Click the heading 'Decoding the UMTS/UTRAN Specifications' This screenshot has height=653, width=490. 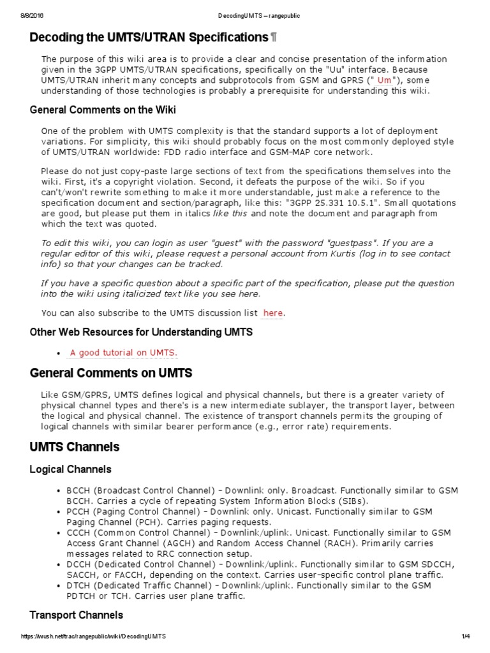tap(148, 38)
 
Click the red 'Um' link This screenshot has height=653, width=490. tap(385, 80)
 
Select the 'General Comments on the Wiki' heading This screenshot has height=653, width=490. tap(103, 110)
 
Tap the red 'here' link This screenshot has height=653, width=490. tap(272, 313)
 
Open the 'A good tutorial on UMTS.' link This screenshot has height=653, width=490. tap(124, 353)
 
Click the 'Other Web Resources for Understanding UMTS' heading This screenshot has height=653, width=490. tap(141, 332)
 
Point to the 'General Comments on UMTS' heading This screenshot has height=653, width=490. tap(111, 373)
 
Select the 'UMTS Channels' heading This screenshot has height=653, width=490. tap(74, 447)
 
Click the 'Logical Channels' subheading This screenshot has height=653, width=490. tap(70, 469)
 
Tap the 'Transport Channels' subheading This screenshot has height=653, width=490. tap(76, 615)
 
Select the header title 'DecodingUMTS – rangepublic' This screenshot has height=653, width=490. tap(244, 6)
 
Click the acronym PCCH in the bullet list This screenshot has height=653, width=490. tap(78, 512)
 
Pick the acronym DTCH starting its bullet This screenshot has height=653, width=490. tap(78, 585)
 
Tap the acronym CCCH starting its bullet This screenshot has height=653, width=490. tap(78, 532)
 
